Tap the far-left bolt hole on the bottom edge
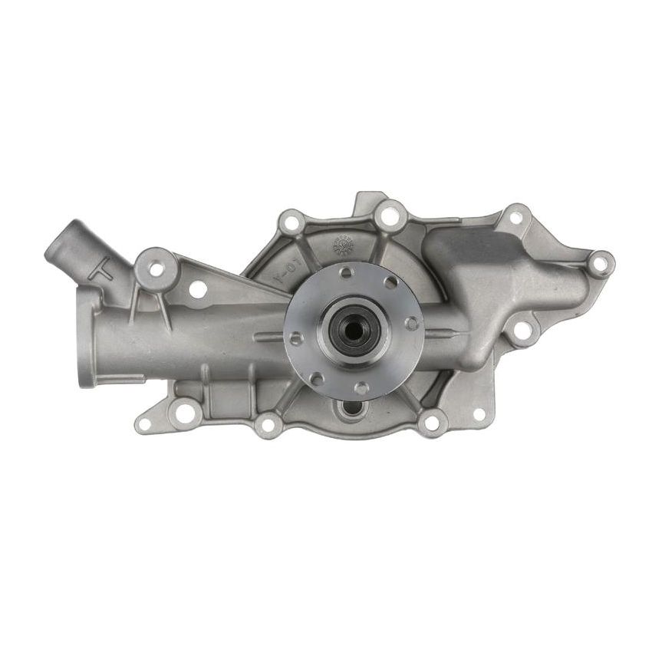184,413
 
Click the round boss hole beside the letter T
156,268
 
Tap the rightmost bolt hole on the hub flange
412,324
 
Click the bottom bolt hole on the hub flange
360,387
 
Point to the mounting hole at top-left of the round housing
290,224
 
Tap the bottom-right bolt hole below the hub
432,421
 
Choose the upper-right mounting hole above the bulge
515,218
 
